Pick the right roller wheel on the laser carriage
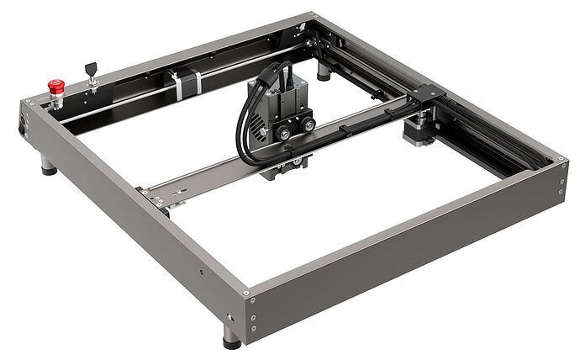(x=309, y=124)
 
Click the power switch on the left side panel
(x=23, y=131)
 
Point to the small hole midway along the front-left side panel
(x=201, y=272)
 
